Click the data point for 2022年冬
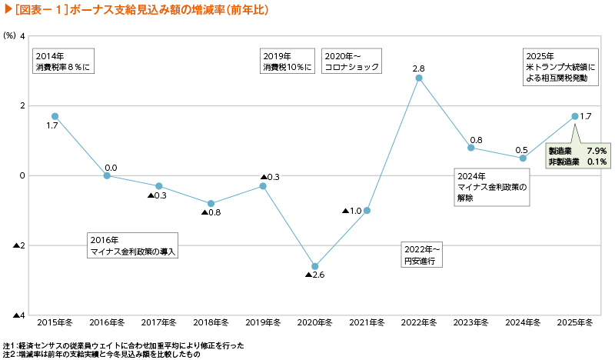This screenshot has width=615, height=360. click(419, 78)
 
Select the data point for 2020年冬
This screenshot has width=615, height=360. click(315, 266)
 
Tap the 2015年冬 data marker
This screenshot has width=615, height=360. click(55, 116)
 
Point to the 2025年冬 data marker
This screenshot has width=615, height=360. click(575, 116)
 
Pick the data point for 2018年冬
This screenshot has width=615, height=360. click(211, 204)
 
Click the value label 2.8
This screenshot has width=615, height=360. click(419, 68)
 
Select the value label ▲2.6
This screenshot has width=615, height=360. click(315, 275)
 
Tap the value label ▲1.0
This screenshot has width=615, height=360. click(352, 211)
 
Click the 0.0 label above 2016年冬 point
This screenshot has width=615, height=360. click(111, 167)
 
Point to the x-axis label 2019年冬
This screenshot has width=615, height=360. click(263, 322)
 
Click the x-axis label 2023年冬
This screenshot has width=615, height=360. click(471, 322)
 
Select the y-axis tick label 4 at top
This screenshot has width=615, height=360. click(22, 36)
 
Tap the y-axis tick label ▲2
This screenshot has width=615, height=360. click(19, 246)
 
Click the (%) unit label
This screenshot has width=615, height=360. click(10, 36)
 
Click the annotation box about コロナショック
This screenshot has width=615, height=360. click(352, 62)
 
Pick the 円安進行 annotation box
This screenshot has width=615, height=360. click(422, 255)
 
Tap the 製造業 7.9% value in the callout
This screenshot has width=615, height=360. click(577, 151)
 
